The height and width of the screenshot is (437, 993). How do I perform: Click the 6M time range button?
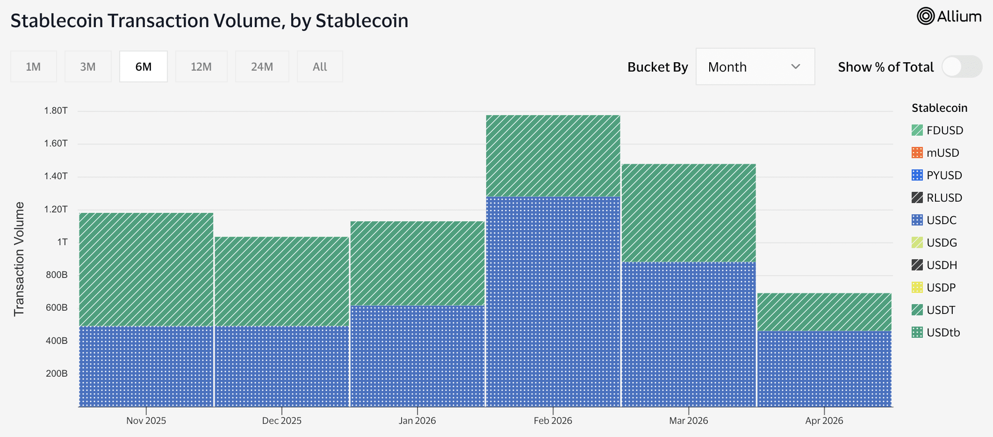pyautogui.click(x=144, y=67)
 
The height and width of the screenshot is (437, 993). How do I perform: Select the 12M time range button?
pyautogui.click(x=201, y=67)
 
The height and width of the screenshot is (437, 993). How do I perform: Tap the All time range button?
pyautogui.click(x=320, y=67)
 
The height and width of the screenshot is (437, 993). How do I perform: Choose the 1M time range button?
pyautogui.click(x=33, y=67)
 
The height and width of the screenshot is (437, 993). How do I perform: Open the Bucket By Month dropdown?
pyautogui.click(x=755, y=67)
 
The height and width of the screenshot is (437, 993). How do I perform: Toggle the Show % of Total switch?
pyautogui.click(x=961, y=67)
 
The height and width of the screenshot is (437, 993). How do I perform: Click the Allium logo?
pyautogui.click(x=950, y=16)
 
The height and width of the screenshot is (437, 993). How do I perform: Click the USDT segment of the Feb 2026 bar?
pyautogui.click(x=553, y=156)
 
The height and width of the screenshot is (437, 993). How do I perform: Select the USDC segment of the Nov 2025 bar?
pyautogui.click(x=146, y=366)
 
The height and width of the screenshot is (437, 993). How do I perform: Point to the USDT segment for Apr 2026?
pyautogui.click(x=824, y=312)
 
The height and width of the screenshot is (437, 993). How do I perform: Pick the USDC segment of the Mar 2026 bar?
pyautogui.click(x=689, y=334)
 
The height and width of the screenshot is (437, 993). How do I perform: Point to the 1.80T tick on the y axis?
pyautogui.click(x=56, y=111)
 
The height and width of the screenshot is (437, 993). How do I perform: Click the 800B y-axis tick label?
pyautogui.click(x=57, y=275)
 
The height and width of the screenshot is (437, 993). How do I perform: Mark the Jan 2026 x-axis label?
pyautogui.click(x=417, y=421)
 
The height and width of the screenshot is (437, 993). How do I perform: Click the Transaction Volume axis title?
pyautogui.click(x=19, y=259)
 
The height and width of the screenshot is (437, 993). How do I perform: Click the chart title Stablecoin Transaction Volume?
pyautogui.click(x=209, y=21)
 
